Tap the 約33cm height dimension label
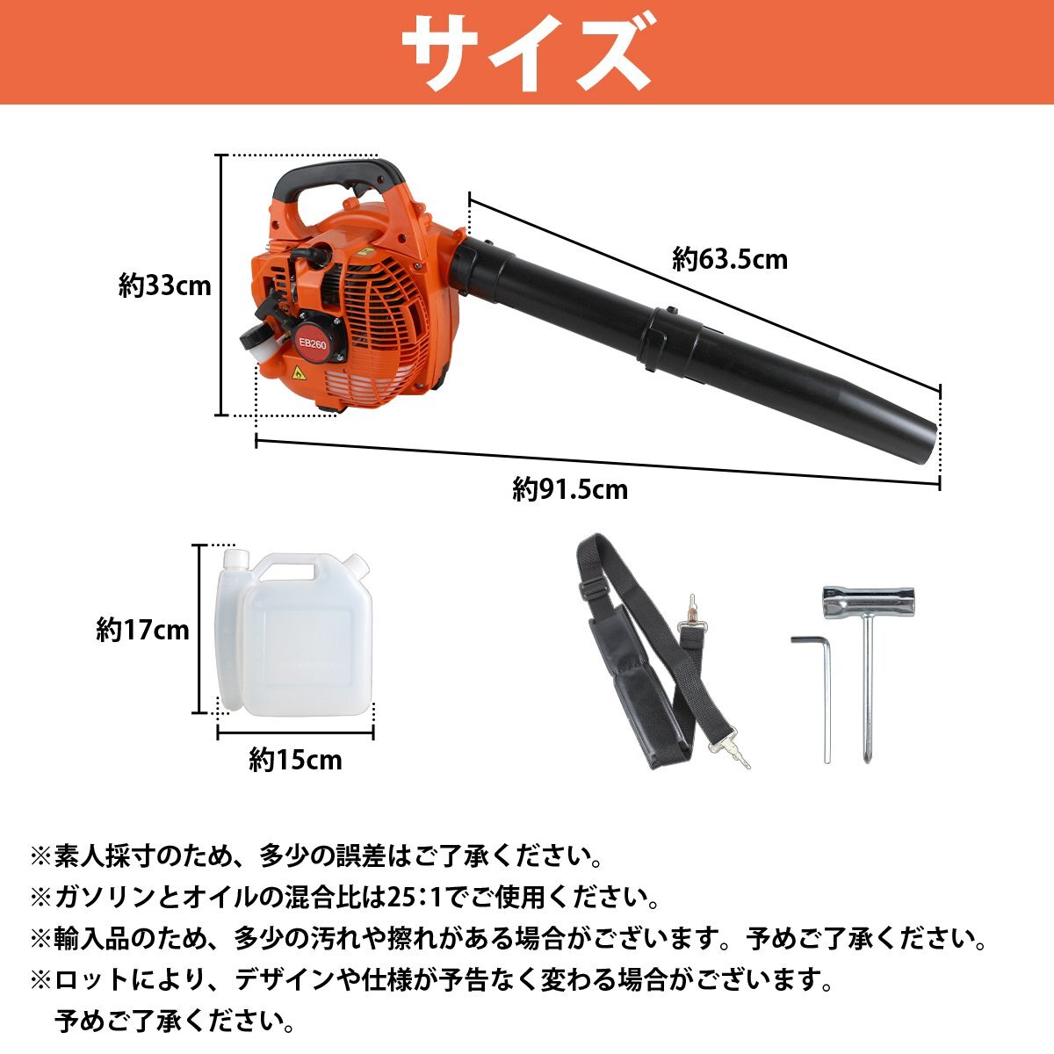point(165,285)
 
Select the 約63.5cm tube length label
point(730,259)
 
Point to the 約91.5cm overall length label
point(570,488)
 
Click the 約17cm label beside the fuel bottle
point(142,630)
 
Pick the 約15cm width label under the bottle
point(295,760)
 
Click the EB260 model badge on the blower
point(312,344)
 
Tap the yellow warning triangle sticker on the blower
point(299,373)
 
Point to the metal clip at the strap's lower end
point(729,751)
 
